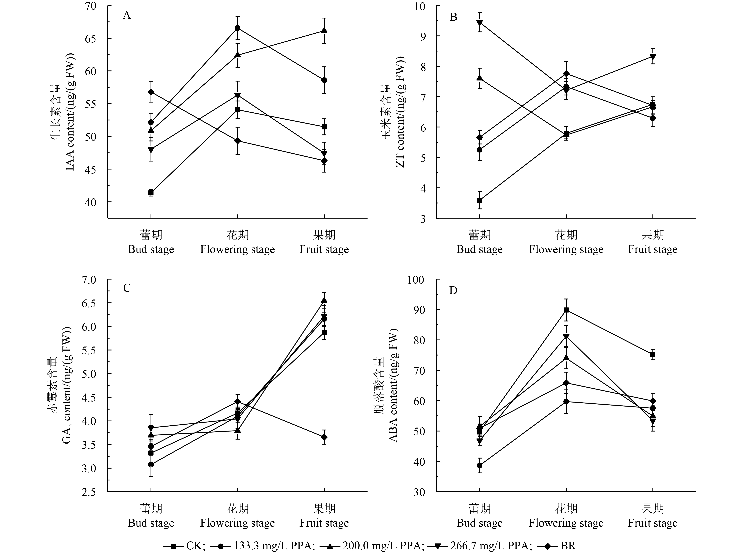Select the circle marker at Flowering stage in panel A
coord(238,28)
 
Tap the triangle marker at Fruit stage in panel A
coord(324,30)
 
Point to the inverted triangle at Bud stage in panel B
coord(480,23)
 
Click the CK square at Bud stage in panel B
coord(480,200)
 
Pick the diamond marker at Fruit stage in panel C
coord(324,437)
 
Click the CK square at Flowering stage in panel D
coord(566,310)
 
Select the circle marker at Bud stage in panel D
coord(480,465)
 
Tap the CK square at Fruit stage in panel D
coord(653,355)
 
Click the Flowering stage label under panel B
coord(566,249)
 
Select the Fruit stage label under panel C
coord(324,523)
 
